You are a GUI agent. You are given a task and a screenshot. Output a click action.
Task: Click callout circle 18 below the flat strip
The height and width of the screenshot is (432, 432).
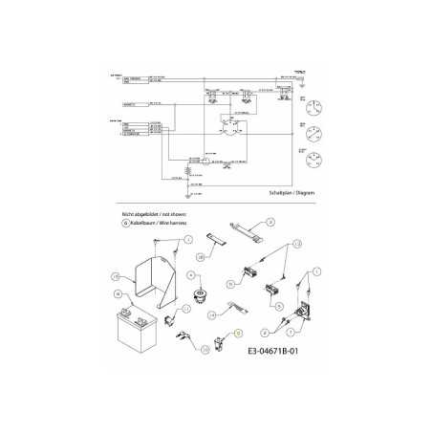[x=203, y=258]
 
